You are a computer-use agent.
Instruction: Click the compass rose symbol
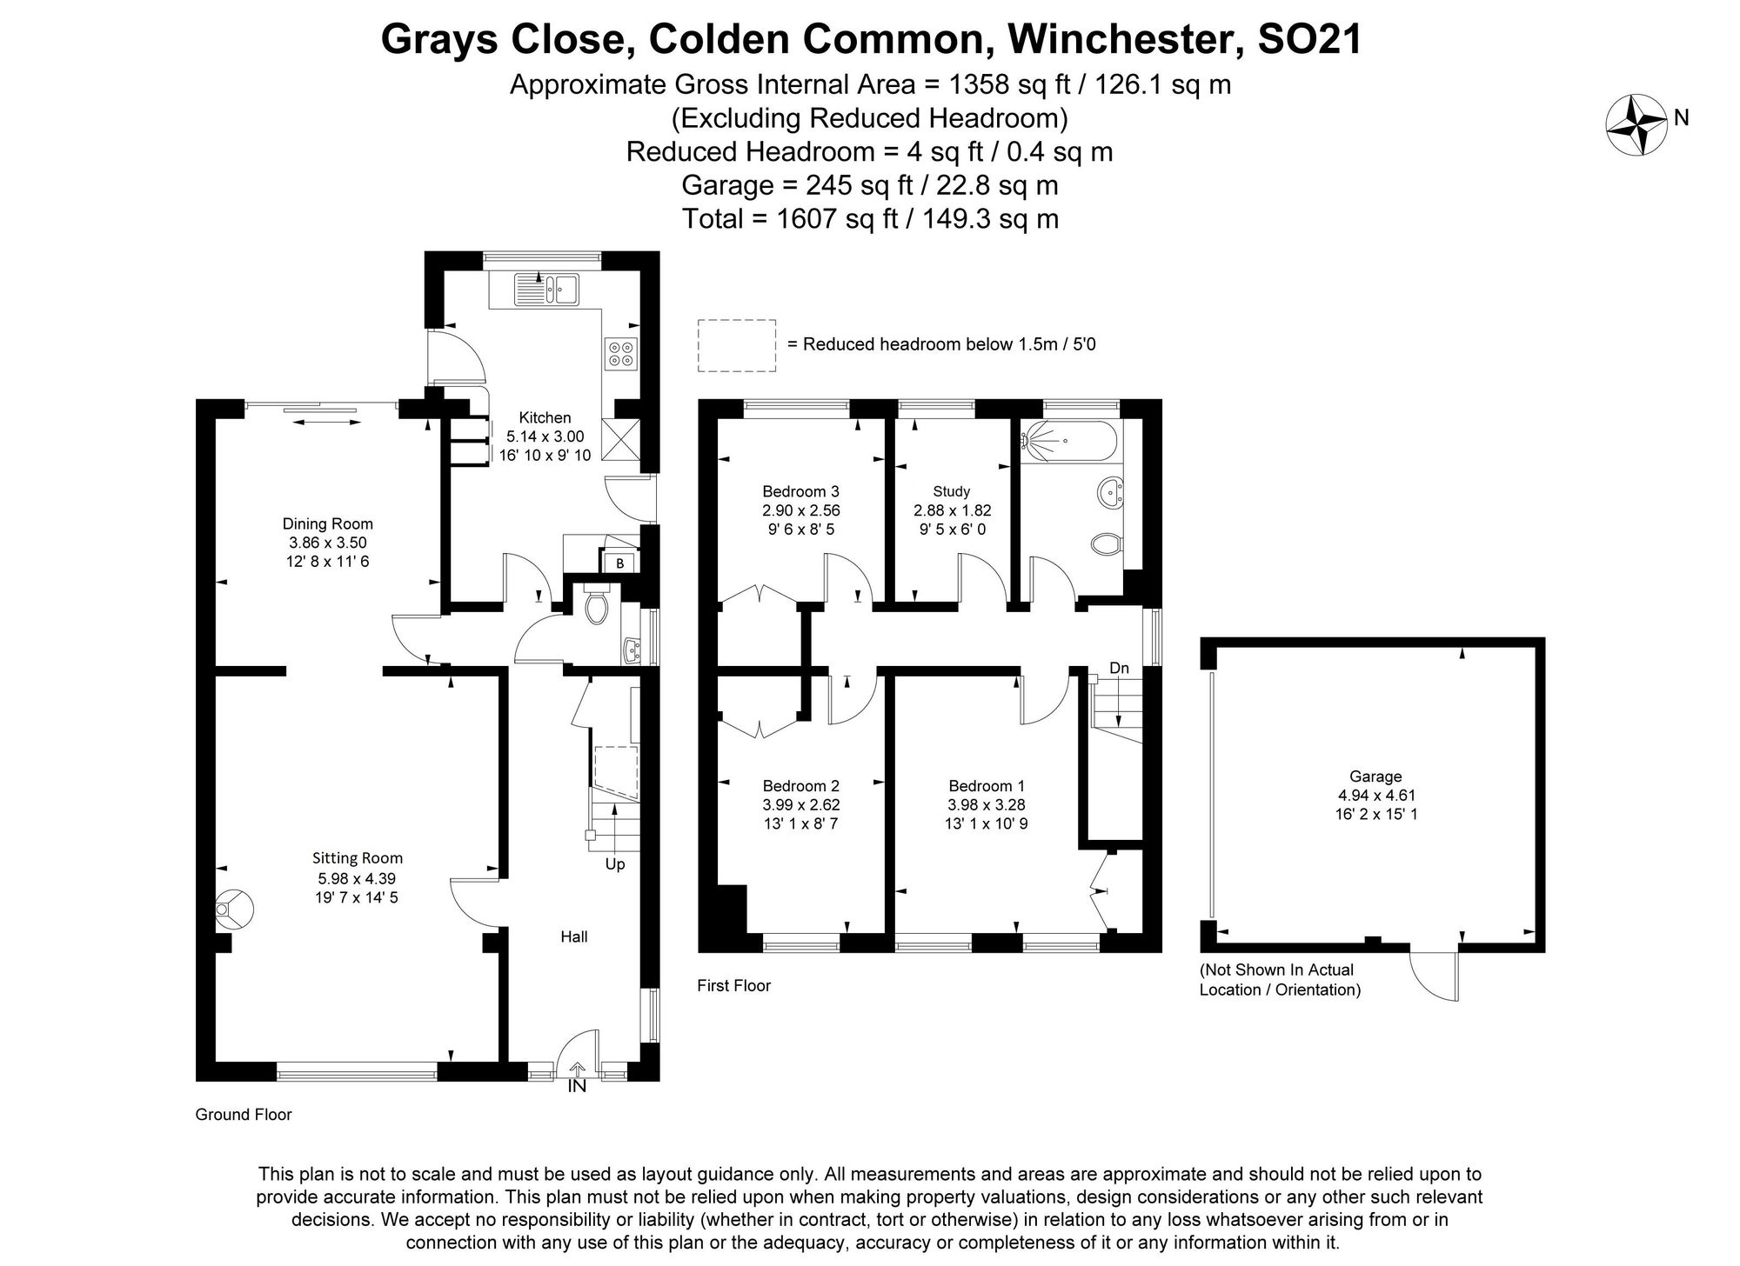pos(1636,125)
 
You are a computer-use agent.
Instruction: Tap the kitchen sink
pos(546,289)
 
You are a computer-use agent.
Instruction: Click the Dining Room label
pos(327,523)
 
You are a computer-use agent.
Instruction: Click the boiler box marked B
pos(619,563)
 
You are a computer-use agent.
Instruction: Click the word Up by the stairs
pos(615,864)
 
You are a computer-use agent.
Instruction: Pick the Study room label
pos(951,491)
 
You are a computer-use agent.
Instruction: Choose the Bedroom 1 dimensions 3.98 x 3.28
pos(987,805)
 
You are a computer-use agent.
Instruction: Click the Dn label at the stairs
pos(1119,668)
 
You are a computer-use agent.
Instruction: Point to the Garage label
pos(1375,776)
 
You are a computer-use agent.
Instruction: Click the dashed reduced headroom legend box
pos(736,345)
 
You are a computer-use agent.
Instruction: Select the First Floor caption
pos(733,985)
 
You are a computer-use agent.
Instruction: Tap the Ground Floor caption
pos(244,1114)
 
